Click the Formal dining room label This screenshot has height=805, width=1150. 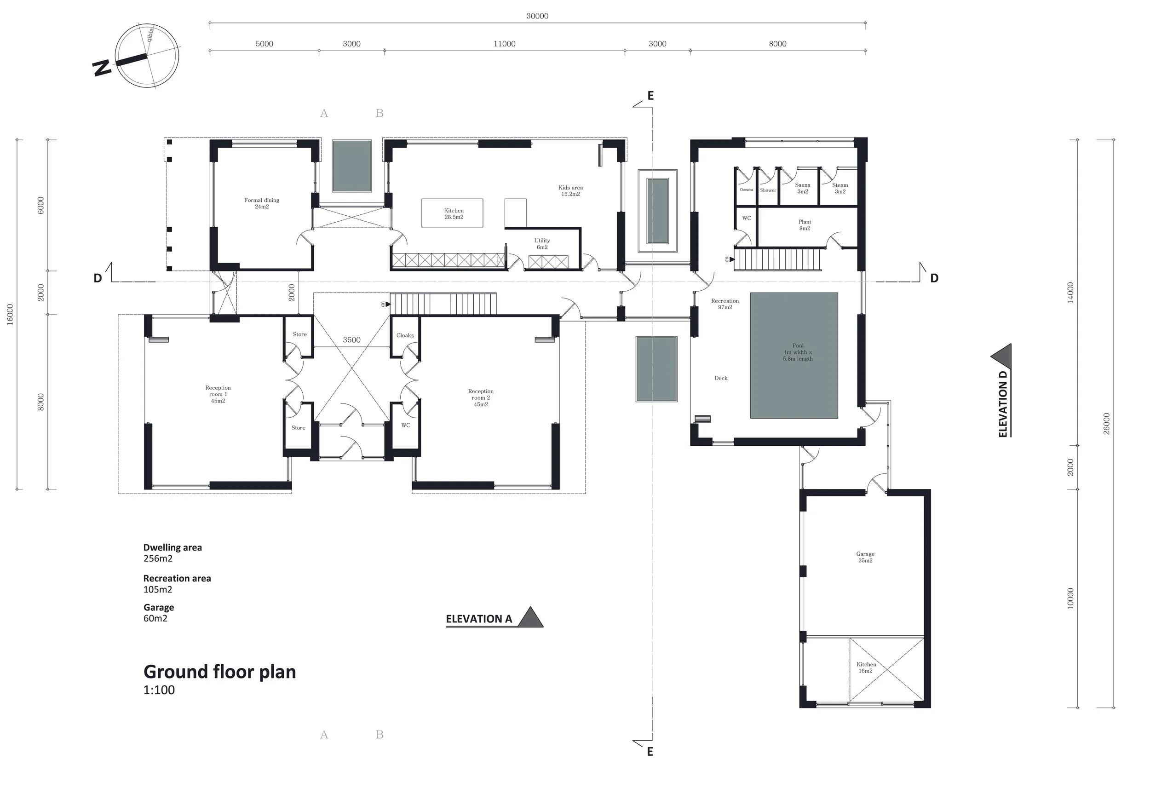(261, 203)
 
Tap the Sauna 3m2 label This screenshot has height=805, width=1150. (802, 188)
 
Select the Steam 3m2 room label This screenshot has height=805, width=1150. (840, 188)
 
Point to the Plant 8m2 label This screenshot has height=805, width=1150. (805, 225)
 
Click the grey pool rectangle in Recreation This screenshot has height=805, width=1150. (794, 355)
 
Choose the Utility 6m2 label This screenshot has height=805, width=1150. (542, 243)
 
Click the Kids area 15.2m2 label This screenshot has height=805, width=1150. (570, 191)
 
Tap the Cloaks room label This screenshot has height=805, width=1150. (405, 335)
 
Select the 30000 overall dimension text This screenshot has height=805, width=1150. (537, 16)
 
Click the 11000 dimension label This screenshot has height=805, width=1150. (504, 44)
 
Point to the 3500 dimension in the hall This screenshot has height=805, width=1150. (351, 339)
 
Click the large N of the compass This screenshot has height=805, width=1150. (102, 68)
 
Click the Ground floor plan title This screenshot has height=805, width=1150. (219, 672)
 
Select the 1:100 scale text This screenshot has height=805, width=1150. (159, 690)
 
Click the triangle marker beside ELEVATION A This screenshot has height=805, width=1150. (530, 617)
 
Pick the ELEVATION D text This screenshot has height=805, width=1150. (1003, 404)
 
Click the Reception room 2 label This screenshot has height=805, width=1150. (480, 398)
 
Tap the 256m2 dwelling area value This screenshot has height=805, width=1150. (158, 558)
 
